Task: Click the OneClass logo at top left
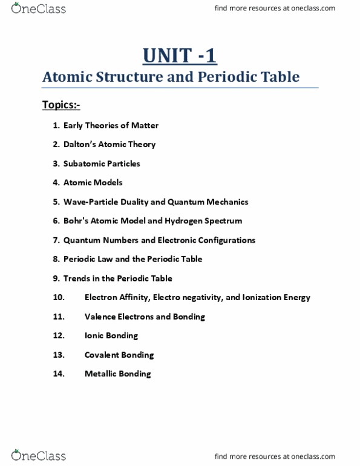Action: click(38, 8)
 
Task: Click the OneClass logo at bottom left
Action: click(38, 455)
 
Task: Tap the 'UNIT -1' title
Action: click(180, 56)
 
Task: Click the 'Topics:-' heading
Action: click(61, 105)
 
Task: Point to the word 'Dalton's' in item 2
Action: click(80, 145)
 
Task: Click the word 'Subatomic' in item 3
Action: click(83, 163)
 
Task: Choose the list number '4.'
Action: click(56, 183)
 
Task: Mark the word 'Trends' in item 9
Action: click(77, 278)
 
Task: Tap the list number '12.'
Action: click(59, 336)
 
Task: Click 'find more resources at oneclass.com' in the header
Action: click(284, 8)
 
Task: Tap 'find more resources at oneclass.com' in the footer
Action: click(284, 456)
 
